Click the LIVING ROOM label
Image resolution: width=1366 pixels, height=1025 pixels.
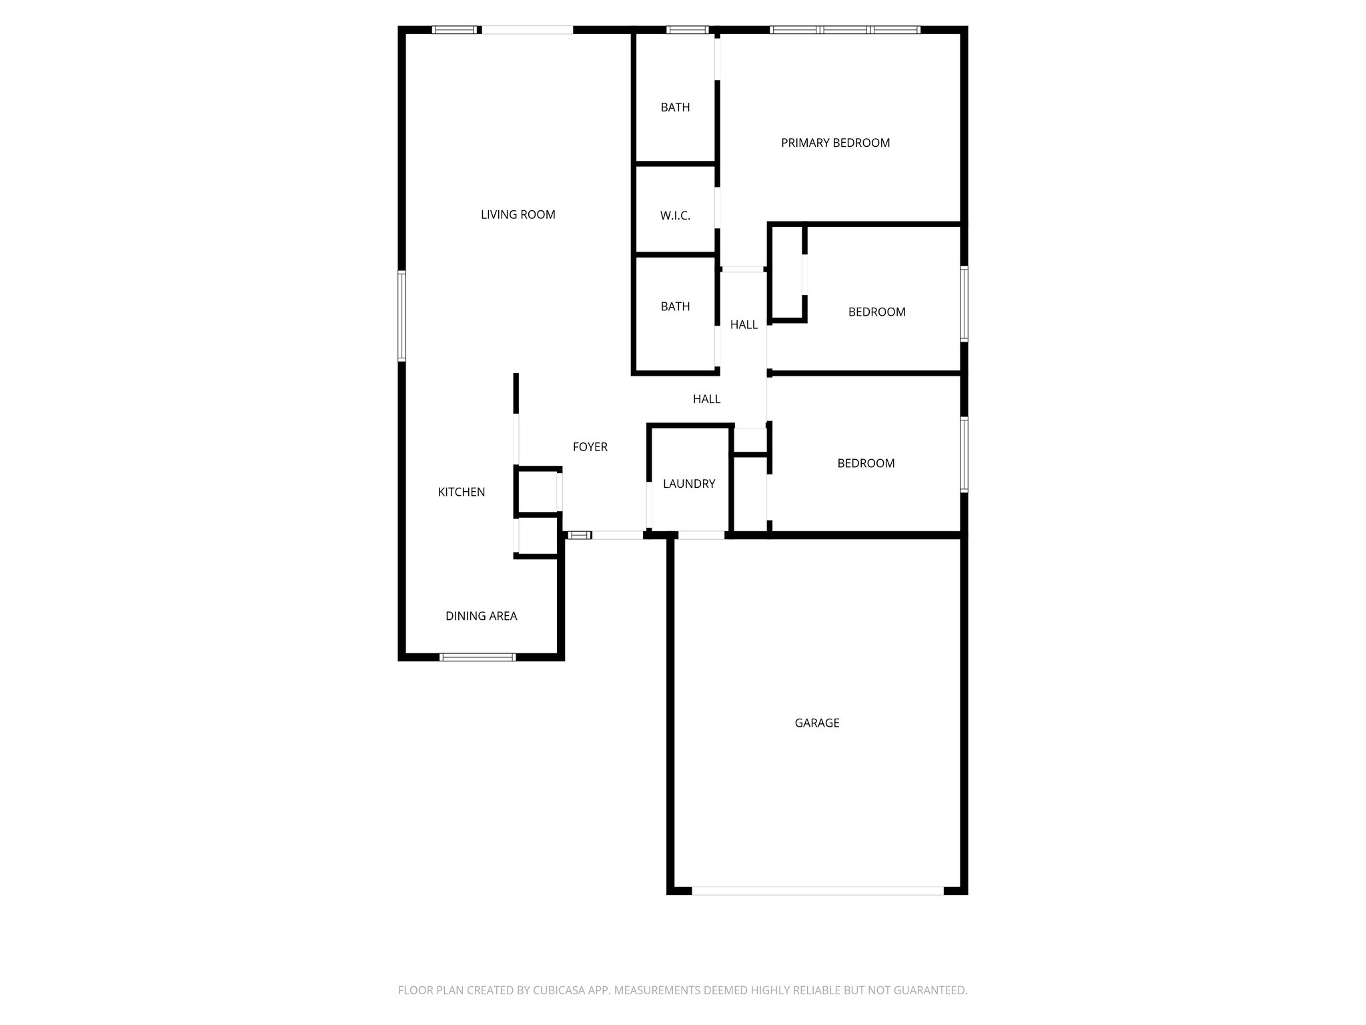(x=518, y=214)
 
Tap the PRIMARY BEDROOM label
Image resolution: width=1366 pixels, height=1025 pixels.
(x=835, y=143)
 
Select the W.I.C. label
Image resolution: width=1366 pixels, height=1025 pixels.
(x=675, y=216)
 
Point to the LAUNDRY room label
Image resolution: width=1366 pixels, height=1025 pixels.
(x=689, y=484)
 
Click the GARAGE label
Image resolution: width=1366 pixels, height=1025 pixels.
(x=816, y=723)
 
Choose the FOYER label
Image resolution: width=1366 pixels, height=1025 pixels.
(x=590, y=447)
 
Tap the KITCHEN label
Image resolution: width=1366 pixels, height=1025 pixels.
(x=461, y=492)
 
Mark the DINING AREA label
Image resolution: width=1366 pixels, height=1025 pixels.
(x=481, y=616)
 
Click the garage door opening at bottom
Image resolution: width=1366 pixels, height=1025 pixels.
(x=817, y=890)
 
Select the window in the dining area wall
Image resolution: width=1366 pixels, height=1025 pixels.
(x=478, y=657)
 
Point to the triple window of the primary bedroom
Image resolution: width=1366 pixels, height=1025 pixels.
(x=845, y=29)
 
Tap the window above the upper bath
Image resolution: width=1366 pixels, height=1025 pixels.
(x=687, y=29)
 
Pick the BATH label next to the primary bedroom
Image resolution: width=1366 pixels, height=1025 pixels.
(x=675, y=107)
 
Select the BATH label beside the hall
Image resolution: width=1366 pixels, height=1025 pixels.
(x=675, y=307)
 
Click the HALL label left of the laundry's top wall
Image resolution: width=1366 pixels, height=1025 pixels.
(x=706, y=399)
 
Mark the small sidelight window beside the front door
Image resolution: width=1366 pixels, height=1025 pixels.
(x=579, y=535)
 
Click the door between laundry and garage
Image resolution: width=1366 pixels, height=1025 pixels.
(x=701, y=535)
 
